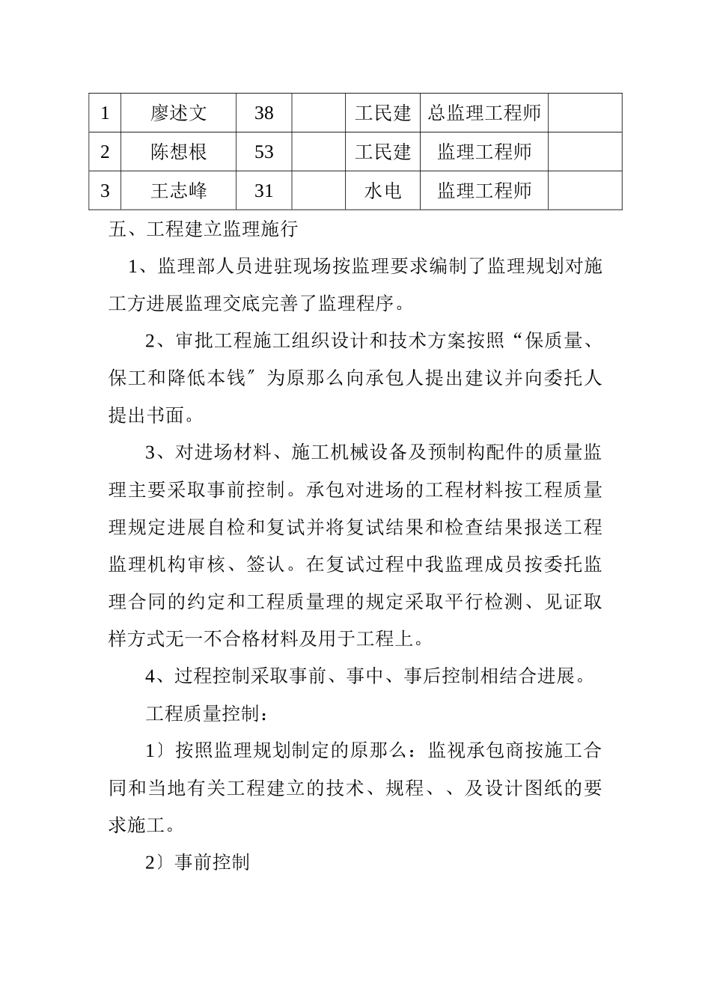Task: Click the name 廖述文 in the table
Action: pyautogui.click(x=178, y=114)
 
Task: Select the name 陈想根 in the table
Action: pyautogui.click(x=178, y=153)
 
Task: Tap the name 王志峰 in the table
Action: pyautogui.click(x=178, y=192)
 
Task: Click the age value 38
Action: pyautogui.click(x=263, y=114)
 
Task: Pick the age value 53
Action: pyautogui.click(x=263, y=153)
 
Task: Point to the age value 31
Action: pyautogui.click(x=263, y=192)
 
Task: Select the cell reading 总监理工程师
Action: pyautogui.click(x=484, y=114)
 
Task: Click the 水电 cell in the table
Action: pyautogui.click(x=382, y=192)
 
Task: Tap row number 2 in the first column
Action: pyautogui.click(x=105, y=153)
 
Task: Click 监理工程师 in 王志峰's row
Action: pyautogui.click(x=484, y=192)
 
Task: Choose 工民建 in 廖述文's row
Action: pyautogui.click(x=382, y=114)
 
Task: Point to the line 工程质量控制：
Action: pyautogui.click(x=207, y=713)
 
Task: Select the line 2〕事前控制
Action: pyautogui.click(x=197, y=862)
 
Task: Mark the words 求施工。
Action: pyautogui.click(x=142, y=826)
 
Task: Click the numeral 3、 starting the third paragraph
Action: pyautogui.click(x=155, y=453)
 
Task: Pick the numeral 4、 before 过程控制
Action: pyautogui.click(x=155, y=677)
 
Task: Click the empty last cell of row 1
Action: pyautogui.click(x=585, y=114)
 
